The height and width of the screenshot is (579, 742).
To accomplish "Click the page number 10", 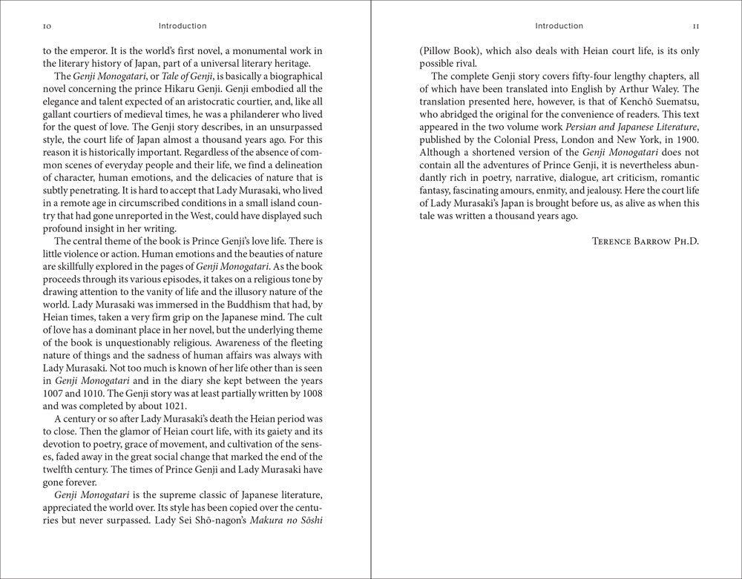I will pos(47,27).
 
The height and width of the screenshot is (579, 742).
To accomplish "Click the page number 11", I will pos(695,27).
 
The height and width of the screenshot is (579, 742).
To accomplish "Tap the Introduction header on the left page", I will pos(183,27).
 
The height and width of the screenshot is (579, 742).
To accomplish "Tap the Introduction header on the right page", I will pos(559,27).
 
